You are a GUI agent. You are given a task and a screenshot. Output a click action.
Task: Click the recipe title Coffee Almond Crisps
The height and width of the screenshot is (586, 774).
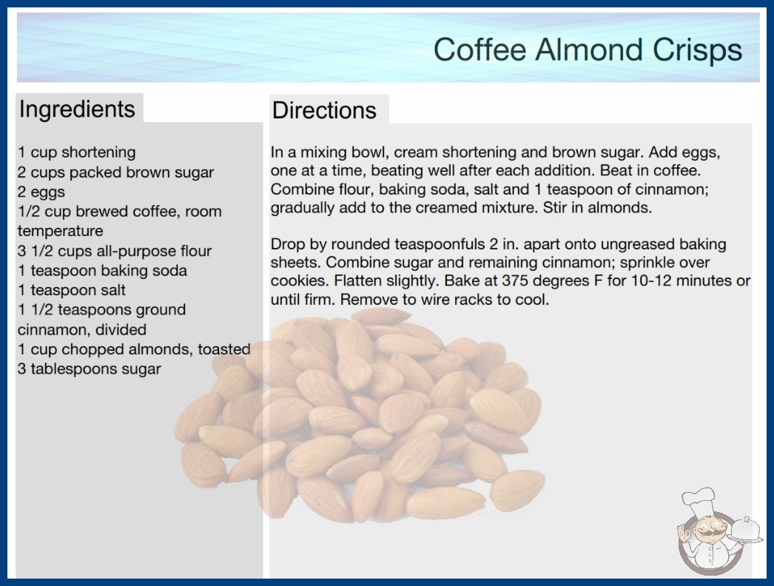point(588,50)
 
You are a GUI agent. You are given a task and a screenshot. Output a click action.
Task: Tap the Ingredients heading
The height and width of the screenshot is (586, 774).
point(77,109)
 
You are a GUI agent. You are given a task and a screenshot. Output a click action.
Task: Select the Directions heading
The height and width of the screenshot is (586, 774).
point(324,110)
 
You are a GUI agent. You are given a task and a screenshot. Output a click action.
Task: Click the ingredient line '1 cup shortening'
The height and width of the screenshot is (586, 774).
point(76,152)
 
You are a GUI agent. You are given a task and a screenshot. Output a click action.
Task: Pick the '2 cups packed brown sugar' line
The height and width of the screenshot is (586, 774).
point(116,172)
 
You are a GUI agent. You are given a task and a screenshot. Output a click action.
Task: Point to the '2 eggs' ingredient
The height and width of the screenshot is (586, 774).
point(41,192)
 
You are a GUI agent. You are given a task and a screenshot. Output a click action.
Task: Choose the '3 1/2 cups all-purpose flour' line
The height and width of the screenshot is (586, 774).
point(115,251)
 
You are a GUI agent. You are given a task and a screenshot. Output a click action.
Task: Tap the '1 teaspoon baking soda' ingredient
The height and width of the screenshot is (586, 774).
point(103,271)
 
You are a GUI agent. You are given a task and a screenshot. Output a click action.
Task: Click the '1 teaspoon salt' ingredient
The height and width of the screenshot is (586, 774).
point(72,290)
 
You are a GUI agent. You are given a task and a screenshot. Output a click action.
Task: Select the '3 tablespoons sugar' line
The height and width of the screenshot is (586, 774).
point(90,368)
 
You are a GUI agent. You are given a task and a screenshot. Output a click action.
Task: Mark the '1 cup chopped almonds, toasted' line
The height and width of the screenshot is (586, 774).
point(134,349)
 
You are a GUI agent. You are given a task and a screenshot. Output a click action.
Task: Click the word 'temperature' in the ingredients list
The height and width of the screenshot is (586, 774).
point(60,231)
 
